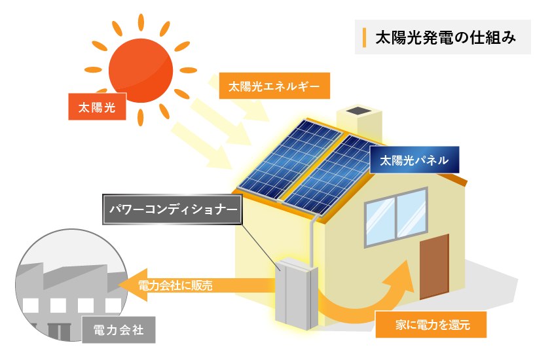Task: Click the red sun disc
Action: [x=141, y=69]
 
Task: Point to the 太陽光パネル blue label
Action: [x=414, y=160]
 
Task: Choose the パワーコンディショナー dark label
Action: [x=172, y=209]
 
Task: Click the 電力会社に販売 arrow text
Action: [x=175, y=285]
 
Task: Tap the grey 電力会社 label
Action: [x=119, y=329]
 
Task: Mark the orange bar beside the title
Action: [x=364, y=38]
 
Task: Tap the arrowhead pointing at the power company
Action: [x=128, y=285]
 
